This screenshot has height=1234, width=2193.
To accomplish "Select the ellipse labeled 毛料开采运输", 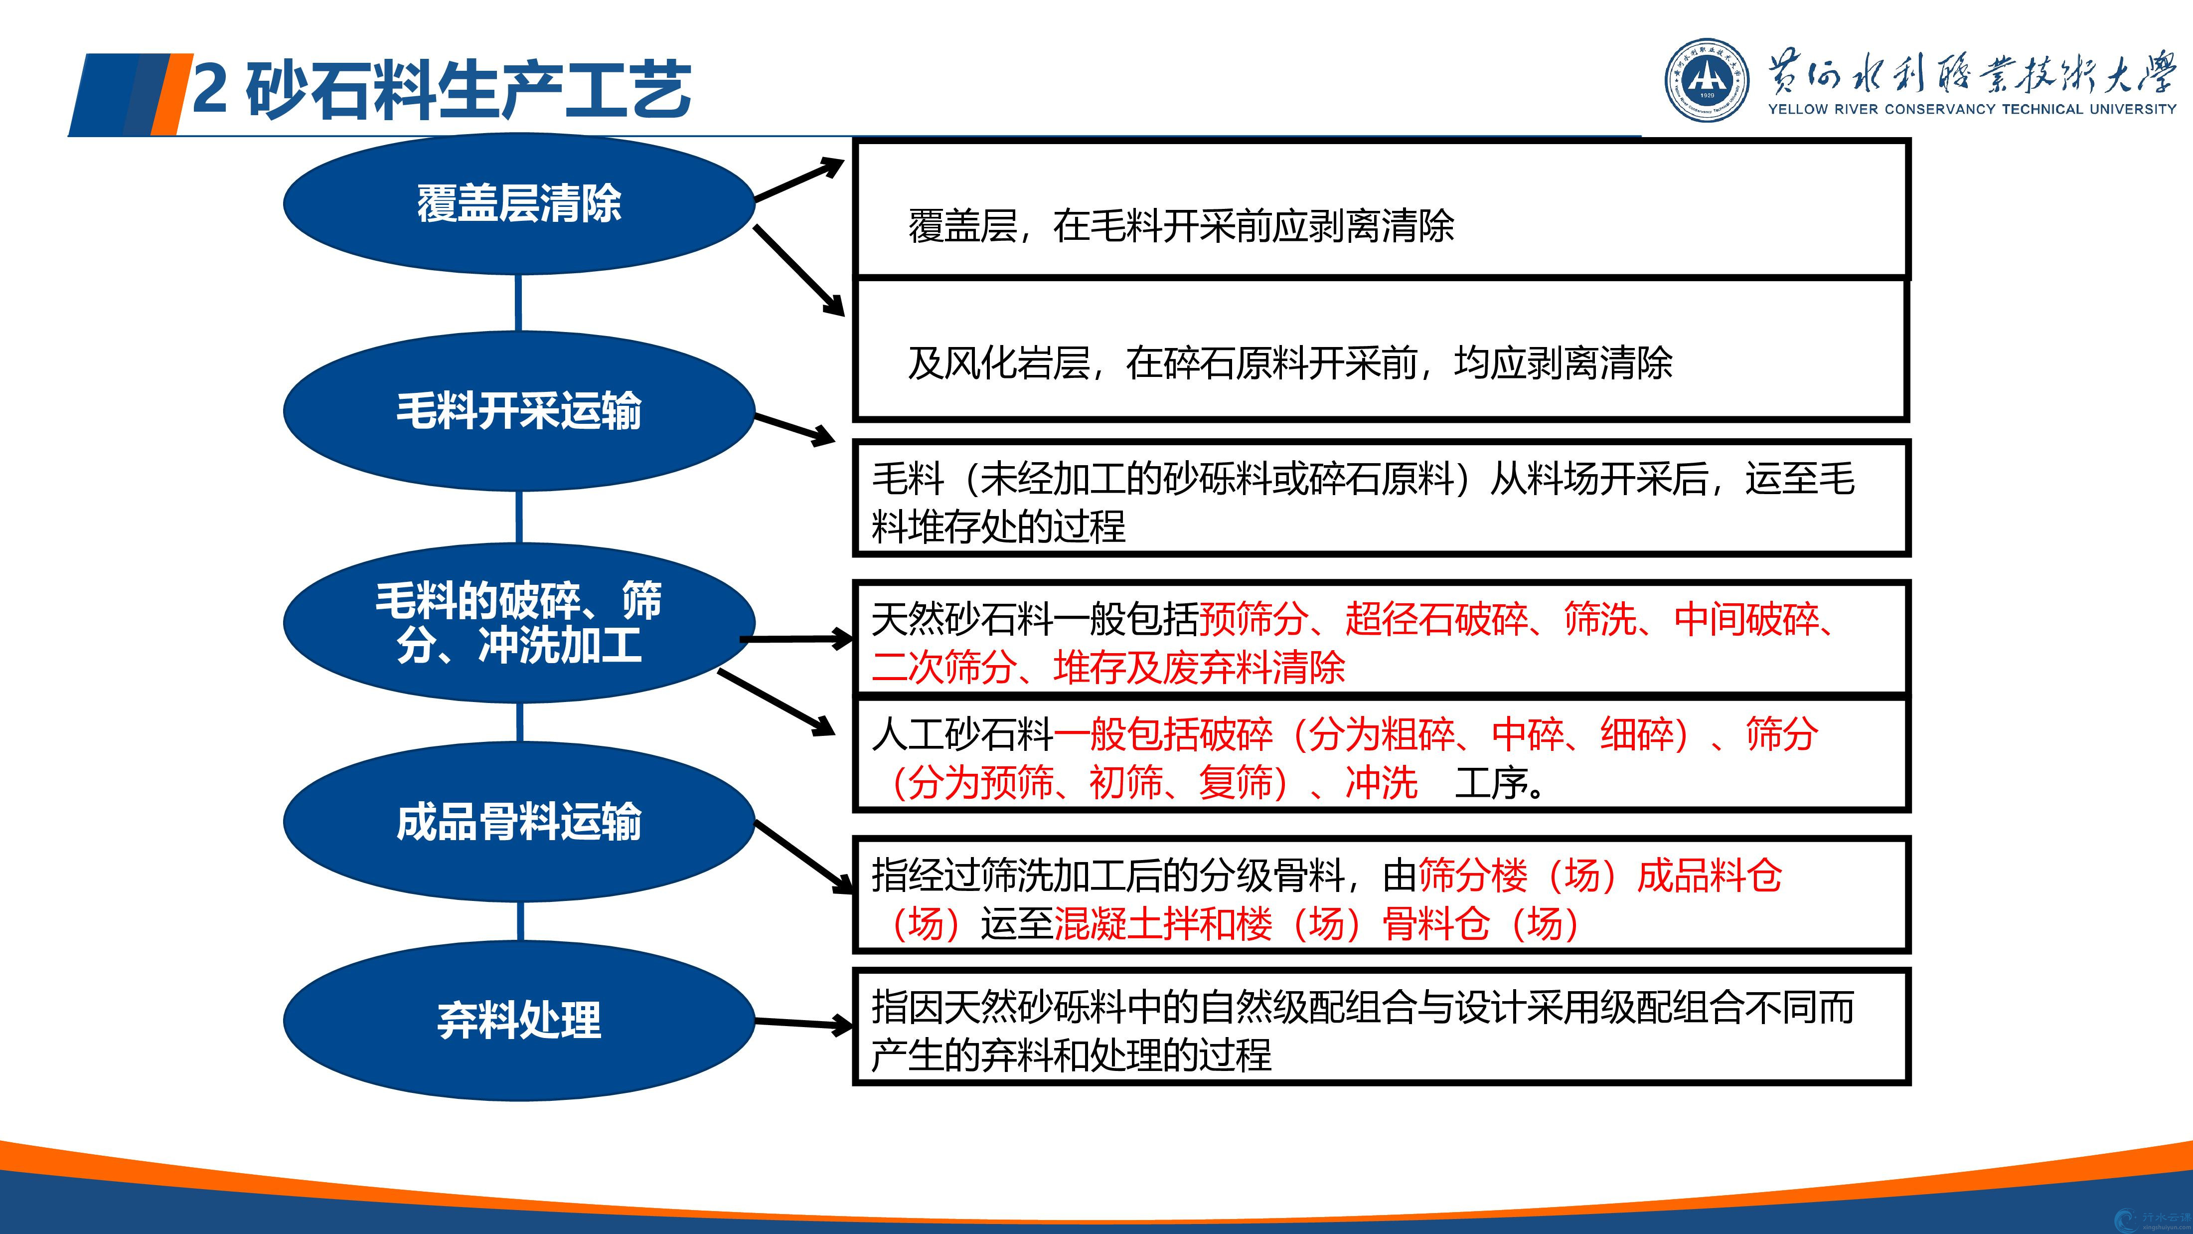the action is click(x=518, y=410).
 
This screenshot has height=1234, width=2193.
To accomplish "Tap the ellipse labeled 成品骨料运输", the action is click(x=518, y=822).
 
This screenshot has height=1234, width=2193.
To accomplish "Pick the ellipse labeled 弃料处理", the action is click(x=518, y=1020).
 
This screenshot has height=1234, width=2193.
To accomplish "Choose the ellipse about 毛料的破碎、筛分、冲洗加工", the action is click(x=518, y=623).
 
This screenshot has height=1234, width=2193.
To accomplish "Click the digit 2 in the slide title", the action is click(x=209, y=89).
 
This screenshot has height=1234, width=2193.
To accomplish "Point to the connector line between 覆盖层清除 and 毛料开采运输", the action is click(x=518, y=303).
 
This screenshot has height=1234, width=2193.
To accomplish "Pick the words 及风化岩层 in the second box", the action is click(x=999, y=363).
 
